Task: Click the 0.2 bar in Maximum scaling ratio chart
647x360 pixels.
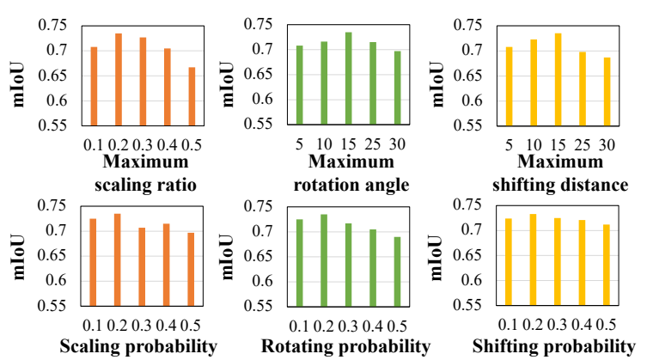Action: pos(119,79)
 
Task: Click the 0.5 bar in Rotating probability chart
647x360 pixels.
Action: pos(397,271)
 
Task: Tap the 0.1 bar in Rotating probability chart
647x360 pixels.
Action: pos(300,262)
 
